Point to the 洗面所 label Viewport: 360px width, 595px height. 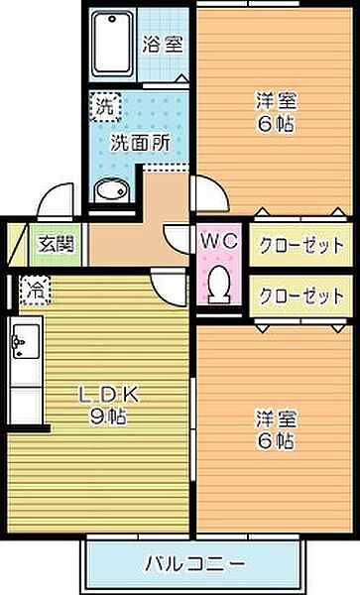pyautogui.click(x=139, y=142)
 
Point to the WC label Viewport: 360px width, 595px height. pyautogui.click(x=218, y=241)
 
